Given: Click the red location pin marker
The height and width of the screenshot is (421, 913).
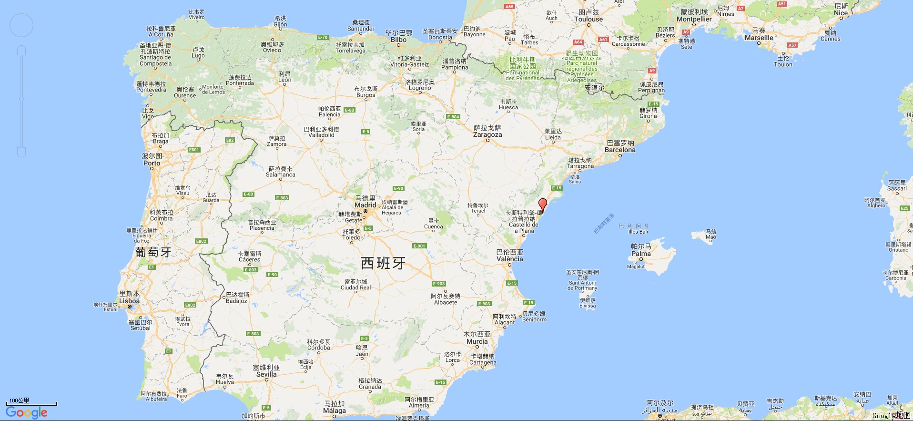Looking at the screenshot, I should (x=542, y=205).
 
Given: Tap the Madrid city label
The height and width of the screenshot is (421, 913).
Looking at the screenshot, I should (x=365, y=205).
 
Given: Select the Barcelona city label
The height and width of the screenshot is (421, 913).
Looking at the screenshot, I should (x=620, y=150).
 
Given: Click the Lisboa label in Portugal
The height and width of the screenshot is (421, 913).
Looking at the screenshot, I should (x=129, y=300).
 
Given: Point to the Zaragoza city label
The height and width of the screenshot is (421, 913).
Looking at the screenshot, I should (x=487, y=134).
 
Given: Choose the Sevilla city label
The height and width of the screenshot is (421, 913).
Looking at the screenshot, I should (x=266, y=374).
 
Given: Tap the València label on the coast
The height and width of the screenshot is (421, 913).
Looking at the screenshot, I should (x=509, y=259).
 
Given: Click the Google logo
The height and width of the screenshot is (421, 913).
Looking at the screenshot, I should (x=27, y=412).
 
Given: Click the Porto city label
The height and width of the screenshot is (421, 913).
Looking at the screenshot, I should (x=152, y=163).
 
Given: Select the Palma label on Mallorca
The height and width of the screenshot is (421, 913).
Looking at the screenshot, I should (x=641, y=254).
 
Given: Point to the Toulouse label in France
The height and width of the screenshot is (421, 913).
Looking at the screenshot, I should (x=588, y=19).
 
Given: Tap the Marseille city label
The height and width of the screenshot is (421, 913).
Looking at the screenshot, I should (x=759, y=38).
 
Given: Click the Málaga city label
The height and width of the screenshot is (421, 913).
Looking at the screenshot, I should (x=335, y=411).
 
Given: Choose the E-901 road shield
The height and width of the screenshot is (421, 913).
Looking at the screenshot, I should (x=419, y=246).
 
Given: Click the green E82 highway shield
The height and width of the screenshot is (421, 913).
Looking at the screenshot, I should (x=230, y=140).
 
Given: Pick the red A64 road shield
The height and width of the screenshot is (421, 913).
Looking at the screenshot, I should (x=578, y=42).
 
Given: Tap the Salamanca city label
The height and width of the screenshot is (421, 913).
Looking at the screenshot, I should (x=281, y=175).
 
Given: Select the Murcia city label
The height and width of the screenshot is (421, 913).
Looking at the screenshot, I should (x=477, y=341).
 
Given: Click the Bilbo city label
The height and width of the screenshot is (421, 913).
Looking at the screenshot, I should (x=399, y=40).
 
